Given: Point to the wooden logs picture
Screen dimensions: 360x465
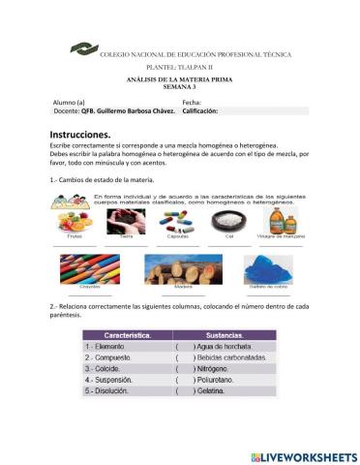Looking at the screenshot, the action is [156, 267].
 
